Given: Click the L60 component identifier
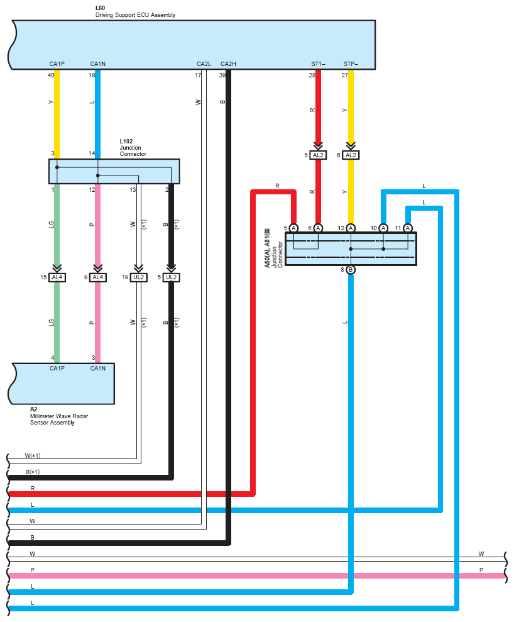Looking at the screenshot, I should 100,8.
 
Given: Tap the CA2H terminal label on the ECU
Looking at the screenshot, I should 228,64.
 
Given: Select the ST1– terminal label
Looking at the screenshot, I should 318,64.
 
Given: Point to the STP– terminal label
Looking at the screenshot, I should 351,64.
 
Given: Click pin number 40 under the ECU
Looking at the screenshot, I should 51,75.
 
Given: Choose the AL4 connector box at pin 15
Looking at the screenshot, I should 57,277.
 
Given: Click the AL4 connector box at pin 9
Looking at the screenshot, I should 97,277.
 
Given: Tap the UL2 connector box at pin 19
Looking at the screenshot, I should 138,277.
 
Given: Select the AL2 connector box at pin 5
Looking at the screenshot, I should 318,155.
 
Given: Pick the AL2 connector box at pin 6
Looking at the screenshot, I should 351,155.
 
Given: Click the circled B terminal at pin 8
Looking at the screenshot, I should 351,270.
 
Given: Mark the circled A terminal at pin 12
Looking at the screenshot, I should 351,228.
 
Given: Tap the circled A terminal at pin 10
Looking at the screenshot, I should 383,228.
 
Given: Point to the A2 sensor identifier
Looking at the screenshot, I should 33,409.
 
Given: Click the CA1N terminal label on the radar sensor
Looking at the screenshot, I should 97,369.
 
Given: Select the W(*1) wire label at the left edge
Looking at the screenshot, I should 33,455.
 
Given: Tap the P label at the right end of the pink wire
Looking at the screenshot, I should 481,570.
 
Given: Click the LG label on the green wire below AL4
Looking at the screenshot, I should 52,322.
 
